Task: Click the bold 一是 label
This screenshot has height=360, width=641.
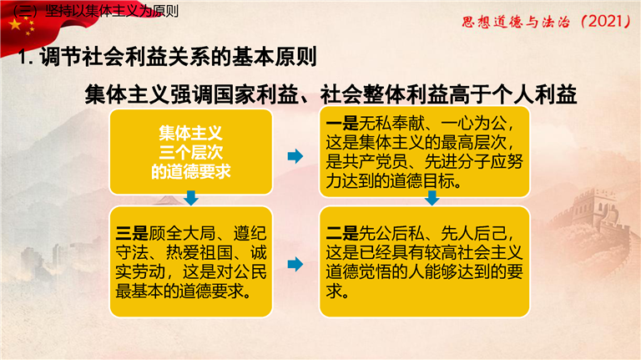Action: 341,123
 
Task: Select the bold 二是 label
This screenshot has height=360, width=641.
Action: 341,233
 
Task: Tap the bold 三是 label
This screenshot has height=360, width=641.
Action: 132,233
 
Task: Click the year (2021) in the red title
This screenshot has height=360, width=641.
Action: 605,21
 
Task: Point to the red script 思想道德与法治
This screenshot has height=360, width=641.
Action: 516,22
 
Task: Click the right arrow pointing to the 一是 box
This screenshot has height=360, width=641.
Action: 295,156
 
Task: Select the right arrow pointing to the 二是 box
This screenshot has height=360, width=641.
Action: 295,264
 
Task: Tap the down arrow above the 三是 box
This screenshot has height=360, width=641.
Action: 191,198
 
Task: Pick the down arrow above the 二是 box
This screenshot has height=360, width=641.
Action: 432,198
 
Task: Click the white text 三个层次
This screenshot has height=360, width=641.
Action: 191,153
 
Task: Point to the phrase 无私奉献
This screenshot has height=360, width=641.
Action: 391,123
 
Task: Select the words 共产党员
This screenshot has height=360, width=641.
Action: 375,161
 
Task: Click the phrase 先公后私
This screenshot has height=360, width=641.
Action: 391,233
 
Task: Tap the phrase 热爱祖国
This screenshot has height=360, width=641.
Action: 199,252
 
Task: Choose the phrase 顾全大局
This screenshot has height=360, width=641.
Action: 181,233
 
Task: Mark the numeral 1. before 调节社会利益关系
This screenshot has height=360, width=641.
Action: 25,58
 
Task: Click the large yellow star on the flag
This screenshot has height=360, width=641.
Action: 15,24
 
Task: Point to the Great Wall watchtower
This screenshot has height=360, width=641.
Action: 596,205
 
